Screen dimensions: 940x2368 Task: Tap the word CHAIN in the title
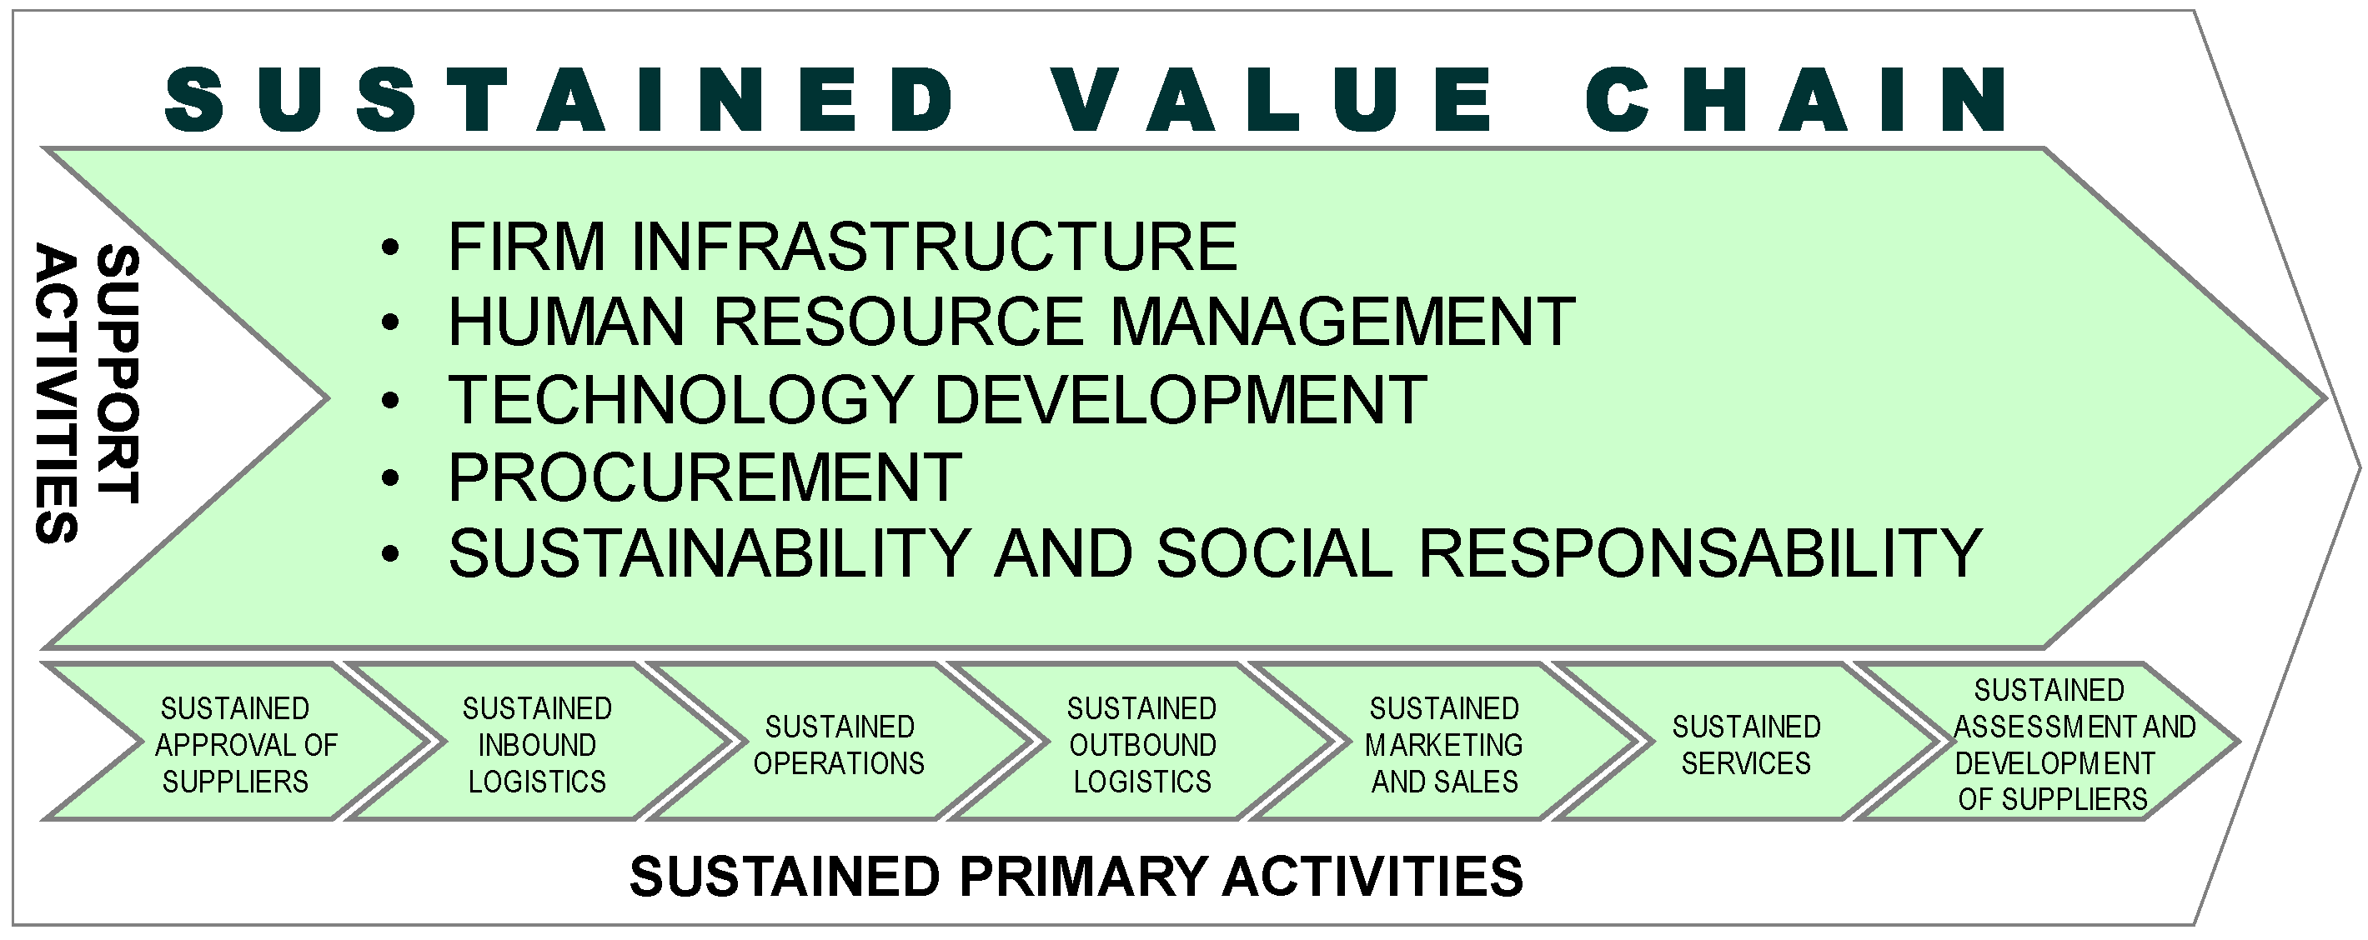[1798, 98]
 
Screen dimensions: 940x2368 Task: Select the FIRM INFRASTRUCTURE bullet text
[842, 247]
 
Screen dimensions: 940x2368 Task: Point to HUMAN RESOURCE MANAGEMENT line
[1011, 322]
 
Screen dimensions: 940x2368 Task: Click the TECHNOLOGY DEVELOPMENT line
[936, 400]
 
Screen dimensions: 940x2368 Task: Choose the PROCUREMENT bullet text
[705, 477]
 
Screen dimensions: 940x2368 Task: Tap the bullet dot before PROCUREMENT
[391, 477]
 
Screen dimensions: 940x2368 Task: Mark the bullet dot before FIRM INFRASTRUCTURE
[391, 247]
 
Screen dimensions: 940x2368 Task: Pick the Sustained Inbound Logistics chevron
[538, 744]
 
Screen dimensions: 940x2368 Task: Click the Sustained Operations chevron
[840, 744]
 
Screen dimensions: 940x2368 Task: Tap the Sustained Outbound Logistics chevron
[1142, 744]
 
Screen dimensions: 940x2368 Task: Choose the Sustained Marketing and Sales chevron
[1444, 744]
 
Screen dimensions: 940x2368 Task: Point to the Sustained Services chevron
[1746, 744]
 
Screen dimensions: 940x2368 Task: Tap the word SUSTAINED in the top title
[561, 98]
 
